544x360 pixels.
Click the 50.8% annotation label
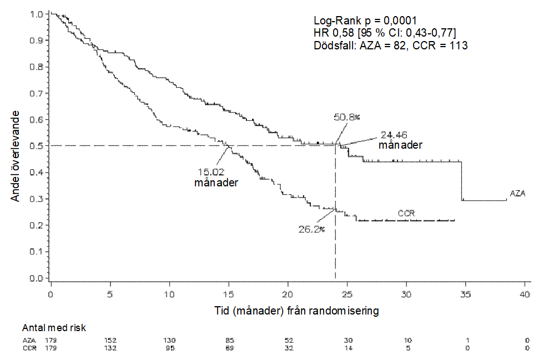coord(347,117)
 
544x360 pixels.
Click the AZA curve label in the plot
coord(517,194)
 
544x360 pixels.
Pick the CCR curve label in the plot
coord(406,213)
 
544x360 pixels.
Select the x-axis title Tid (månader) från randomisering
coord(296,311)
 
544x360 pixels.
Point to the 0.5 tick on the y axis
coord(37,146)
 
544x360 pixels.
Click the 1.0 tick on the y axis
coord(37,14)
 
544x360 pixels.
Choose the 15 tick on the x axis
coord(229,293)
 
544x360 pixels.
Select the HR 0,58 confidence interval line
coord(385,33)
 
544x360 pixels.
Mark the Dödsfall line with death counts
coord(390,45)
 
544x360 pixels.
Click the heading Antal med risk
coord(54,328)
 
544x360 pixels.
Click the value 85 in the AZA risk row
coord(229,339)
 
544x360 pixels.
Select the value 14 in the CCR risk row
coord(347,348)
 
